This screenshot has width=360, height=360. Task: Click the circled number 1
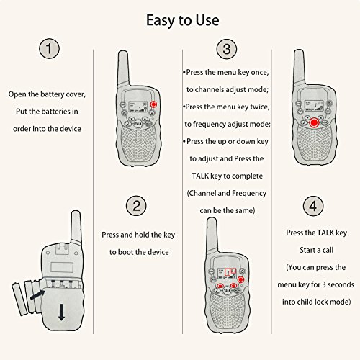coord(49,48)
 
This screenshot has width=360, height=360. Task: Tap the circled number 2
coord(136,206)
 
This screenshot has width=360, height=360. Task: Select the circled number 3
coord(227,49)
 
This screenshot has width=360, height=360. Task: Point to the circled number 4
coord(313,206)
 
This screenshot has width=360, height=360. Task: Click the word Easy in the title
coord(161,20)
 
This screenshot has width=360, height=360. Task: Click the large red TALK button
coord(314,123)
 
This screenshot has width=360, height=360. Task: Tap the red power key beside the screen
coord(153,104)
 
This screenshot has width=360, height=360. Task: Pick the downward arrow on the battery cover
coord(62,312)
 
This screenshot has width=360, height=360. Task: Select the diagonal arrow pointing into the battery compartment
coord(37,294)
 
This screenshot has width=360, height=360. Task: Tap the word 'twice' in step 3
coord(260,107)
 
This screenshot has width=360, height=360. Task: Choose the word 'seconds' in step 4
coord(341,284)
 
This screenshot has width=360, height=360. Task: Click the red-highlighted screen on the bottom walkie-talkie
coord(227,274)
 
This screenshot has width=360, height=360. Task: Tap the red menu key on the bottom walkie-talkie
coord(240,279)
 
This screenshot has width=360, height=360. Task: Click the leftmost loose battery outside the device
coord(19,300)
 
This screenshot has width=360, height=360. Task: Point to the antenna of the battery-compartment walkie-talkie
coord(76,228)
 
